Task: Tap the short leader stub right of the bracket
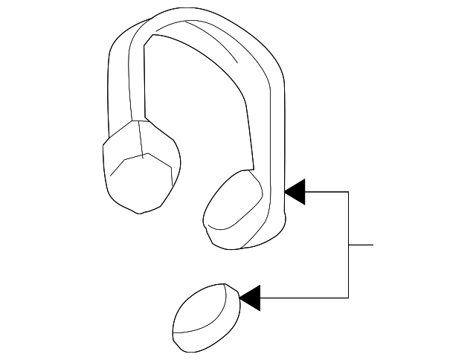click(x=361, y=245)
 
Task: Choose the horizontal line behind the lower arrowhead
click(x=305, y=298)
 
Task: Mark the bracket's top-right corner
click(x=348, y=192)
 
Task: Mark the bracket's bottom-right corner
click(x=348, y=298)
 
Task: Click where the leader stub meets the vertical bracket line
click(x=348, y=245)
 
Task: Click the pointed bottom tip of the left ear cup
click(x=138, y=213)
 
